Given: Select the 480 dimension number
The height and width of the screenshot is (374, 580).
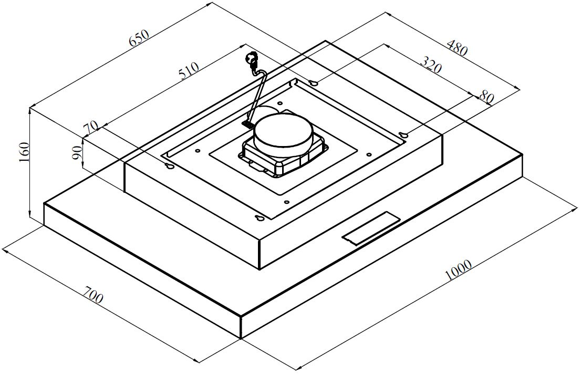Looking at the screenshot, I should pyautogui.click(x=456, y=48).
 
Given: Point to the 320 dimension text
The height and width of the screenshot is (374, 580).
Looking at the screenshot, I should pyautogui.click(x=431, y=66).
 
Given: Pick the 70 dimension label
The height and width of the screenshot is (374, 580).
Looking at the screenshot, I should pyautogui.click(x=91, y=127).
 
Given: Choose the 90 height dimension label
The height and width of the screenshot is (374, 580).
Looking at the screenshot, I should pyautogui.click(x=77, y=153).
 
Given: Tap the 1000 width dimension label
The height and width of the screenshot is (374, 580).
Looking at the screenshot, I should pyautogui.click(x=458, y=270).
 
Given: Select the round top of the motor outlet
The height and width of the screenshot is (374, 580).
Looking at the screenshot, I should pyautogui.click(x=282, y=134).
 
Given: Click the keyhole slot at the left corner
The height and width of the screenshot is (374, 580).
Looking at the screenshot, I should pyautogui.click(x=170, y=167).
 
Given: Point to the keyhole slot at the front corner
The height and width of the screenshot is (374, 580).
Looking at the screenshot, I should pyautogui.click(x=260, y=219).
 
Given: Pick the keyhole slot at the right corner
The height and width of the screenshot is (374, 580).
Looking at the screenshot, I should pyautogui.click(x=403, y=136).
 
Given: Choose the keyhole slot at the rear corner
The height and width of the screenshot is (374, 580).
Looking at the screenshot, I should pyautogui.click(x=314, y=83).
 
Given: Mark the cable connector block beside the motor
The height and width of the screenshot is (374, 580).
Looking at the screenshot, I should pyautogui.click(x=247, y=124).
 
